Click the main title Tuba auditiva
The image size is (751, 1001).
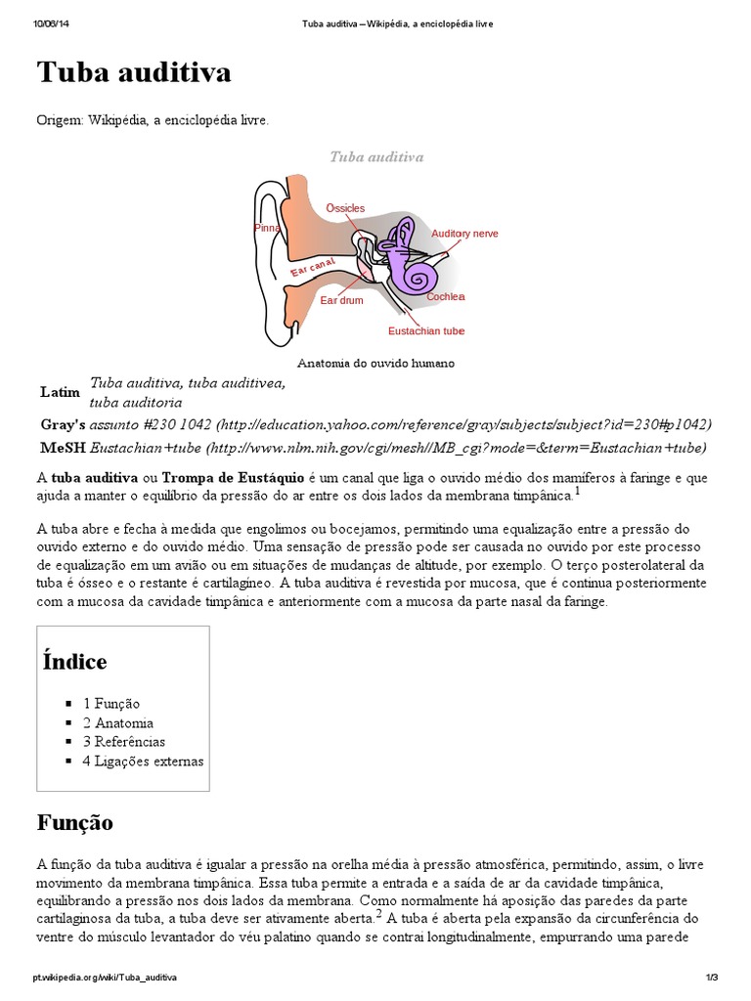134,73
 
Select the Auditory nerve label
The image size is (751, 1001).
464,234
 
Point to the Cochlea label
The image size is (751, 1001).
445,296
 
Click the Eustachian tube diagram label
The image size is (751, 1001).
426,331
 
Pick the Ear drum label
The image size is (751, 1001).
341,300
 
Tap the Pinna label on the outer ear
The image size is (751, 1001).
266,227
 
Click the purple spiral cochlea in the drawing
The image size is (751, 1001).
420,278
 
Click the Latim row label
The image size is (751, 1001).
60,392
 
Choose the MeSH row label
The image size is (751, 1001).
62,448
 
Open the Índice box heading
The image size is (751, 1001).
74,662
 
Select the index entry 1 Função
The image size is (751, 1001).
110,703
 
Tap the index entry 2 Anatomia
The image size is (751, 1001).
117,722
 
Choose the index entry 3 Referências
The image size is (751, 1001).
123,741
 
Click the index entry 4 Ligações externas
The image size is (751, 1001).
143,761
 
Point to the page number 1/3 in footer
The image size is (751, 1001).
711,977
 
